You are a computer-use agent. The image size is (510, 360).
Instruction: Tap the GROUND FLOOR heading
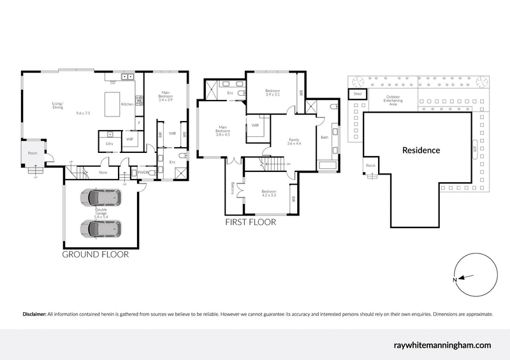[95, 254]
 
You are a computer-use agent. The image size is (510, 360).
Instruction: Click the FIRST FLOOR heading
[250, 223]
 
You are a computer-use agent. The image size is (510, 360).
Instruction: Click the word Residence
[421, 151]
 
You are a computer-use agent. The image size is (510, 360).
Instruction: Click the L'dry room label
[109, 144]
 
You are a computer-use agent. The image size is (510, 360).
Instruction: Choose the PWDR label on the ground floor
[143, 172]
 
